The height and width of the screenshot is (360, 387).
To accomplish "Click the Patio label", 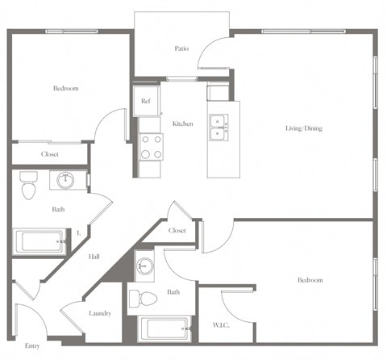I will tap(182, 48).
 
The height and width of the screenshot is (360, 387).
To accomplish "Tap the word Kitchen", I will tap(183, 123).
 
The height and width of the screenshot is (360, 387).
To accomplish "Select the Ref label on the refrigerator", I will tap(145, 102).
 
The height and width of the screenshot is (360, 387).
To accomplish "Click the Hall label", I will tap(94, 257).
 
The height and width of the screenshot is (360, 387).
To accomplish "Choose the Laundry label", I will tap(100, 313).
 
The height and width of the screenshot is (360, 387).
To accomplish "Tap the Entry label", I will tap(32, 345).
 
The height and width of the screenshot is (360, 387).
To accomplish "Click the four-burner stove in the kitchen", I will tap(151, 146).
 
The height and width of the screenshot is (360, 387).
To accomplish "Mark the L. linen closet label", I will tap(78, 235).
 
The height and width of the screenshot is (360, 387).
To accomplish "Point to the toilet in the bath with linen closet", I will tap(29, 186).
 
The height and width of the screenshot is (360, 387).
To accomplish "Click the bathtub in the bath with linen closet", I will tap(41, 241).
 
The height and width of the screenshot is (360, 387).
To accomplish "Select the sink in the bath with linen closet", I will tap(64, 180).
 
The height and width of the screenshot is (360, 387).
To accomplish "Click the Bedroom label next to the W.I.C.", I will tap(310, 280).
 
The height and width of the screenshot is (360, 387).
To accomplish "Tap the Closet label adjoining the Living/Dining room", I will tap(178, 231).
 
